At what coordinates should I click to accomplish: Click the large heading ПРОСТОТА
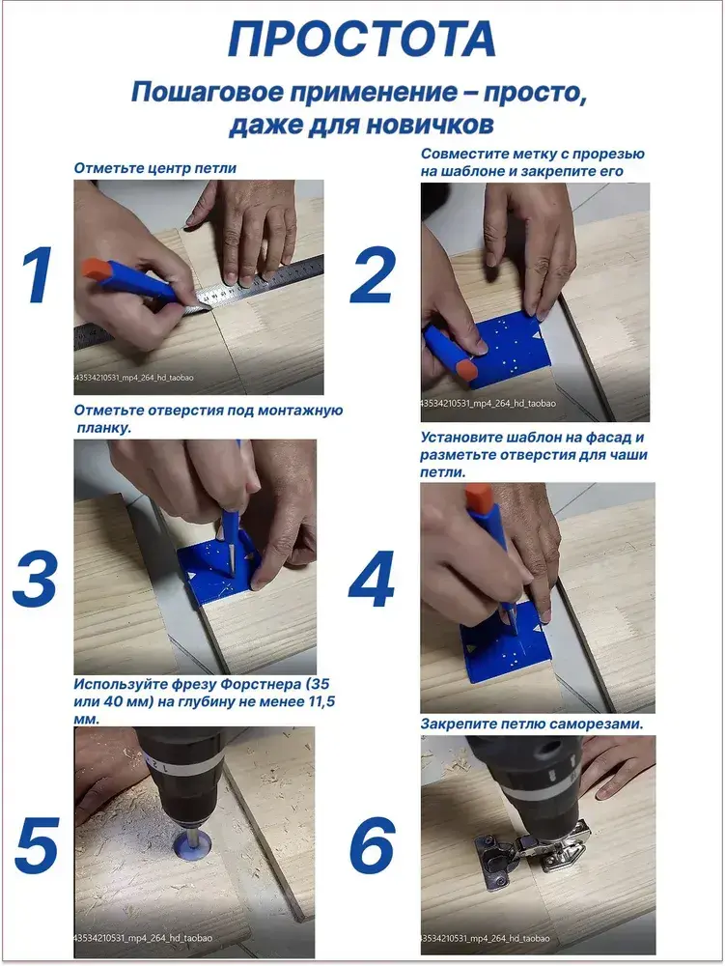click(362, 39)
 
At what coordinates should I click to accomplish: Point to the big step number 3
click(35, 579)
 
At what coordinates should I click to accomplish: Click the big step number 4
click(372, 579)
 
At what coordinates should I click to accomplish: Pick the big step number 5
click(37, 845)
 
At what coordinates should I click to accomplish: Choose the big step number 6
click(372, 845)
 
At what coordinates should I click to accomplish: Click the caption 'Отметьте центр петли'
click(155, 168)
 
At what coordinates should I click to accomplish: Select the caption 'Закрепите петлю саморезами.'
click(532, 724)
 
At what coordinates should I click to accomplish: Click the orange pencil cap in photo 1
click(96, 270)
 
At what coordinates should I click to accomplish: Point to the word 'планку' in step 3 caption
click(104, 428)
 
